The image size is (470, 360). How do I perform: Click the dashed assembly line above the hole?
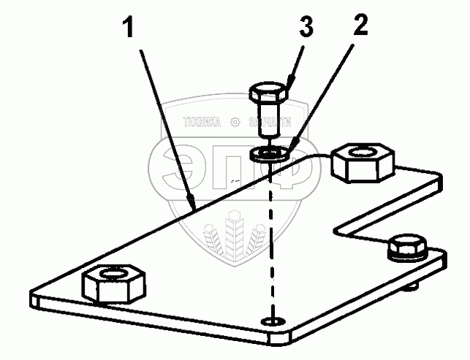273,241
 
